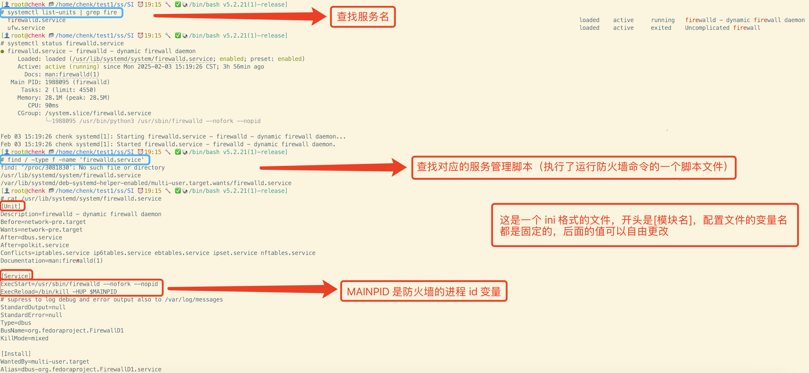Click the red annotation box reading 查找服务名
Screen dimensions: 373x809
[362, 17]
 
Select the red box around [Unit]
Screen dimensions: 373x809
[12, 206]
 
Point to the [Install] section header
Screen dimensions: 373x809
[16, 353]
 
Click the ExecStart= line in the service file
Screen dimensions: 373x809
[79, 284]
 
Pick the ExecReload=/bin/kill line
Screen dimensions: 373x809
[59, 292]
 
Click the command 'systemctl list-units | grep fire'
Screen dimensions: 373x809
[62, 12]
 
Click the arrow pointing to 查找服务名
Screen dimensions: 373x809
[239, 16]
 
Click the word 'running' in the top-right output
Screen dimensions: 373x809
[662, 20]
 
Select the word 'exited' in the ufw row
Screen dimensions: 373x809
[661, 28]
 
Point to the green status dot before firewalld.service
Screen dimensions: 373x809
[2, 51]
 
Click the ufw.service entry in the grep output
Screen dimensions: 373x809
[26, 28]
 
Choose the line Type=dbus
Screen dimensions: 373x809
[16, 323]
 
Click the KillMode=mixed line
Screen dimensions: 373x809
[25, 338]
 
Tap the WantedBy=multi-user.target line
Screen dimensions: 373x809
[45, 361]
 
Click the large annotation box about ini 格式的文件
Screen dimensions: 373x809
[645, 225]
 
